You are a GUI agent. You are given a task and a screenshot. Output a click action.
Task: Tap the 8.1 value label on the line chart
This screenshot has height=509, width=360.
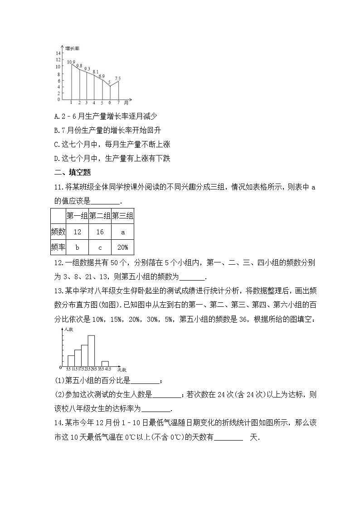95,72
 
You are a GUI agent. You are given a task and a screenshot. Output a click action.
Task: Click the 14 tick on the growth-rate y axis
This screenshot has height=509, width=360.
58,53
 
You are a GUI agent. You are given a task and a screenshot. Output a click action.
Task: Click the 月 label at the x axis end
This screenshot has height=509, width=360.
126,102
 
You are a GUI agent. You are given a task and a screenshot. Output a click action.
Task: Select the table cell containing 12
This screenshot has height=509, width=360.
77,232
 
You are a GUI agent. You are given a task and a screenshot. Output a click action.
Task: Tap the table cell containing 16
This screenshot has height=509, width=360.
100,232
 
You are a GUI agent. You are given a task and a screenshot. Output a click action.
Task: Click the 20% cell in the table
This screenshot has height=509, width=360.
122,247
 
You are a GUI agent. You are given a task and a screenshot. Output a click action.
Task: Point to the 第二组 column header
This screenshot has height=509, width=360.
100,216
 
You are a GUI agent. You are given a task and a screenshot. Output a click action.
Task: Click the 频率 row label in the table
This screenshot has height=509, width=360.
58,247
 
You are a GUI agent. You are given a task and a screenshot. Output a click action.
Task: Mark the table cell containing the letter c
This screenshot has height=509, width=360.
100,247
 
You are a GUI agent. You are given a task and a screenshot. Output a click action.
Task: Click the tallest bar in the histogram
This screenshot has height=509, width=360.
91,350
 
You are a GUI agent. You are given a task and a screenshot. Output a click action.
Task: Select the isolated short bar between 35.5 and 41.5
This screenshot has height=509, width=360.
105,363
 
